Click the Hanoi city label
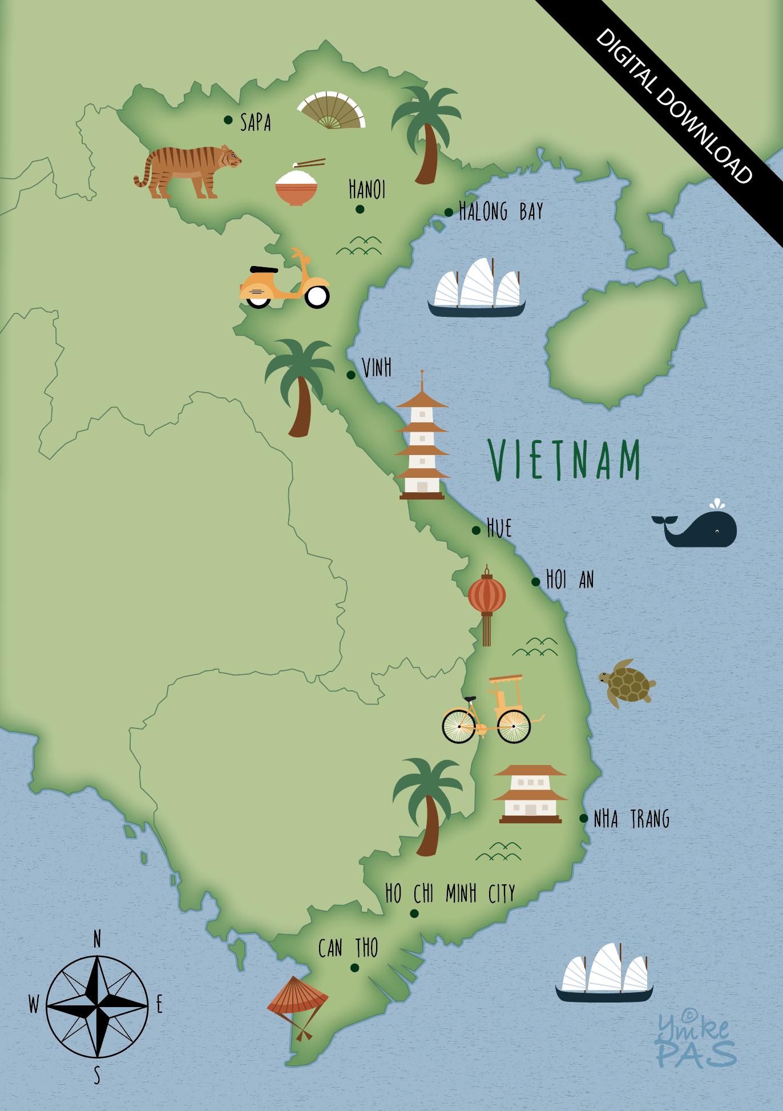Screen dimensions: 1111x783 click(367, 190)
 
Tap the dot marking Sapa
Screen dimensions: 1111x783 click(228, 119)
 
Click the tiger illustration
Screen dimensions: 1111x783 click(187, 171)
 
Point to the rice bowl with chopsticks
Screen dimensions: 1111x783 click(297, 185)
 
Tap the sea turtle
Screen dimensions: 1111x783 click(626, 682)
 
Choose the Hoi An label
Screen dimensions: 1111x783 click(570, 580)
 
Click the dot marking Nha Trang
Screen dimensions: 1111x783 click(584, 818)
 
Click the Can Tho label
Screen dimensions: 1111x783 click(348, 948)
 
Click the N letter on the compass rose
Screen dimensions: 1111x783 click(97, 939)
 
